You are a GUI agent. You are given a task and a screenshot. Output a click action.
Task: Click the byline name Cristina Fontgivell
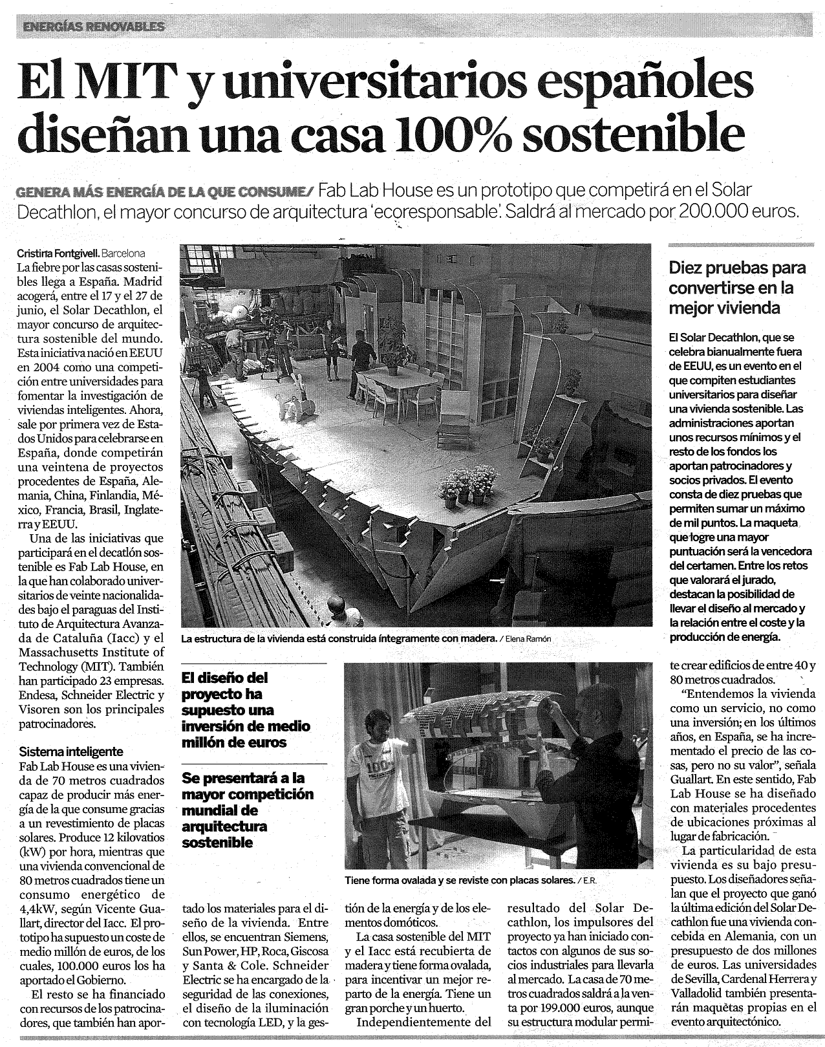click(58, 254)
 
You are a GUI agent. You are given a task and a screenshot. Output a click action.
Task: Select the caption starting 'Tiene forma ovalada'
click(459, 880)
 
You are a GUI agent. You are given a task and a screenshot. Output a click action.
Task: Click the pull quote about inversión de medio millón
click(246, 709)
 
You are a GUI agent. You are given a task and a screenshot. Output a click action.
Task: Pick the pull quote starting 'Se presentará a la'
click(248, 810)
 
